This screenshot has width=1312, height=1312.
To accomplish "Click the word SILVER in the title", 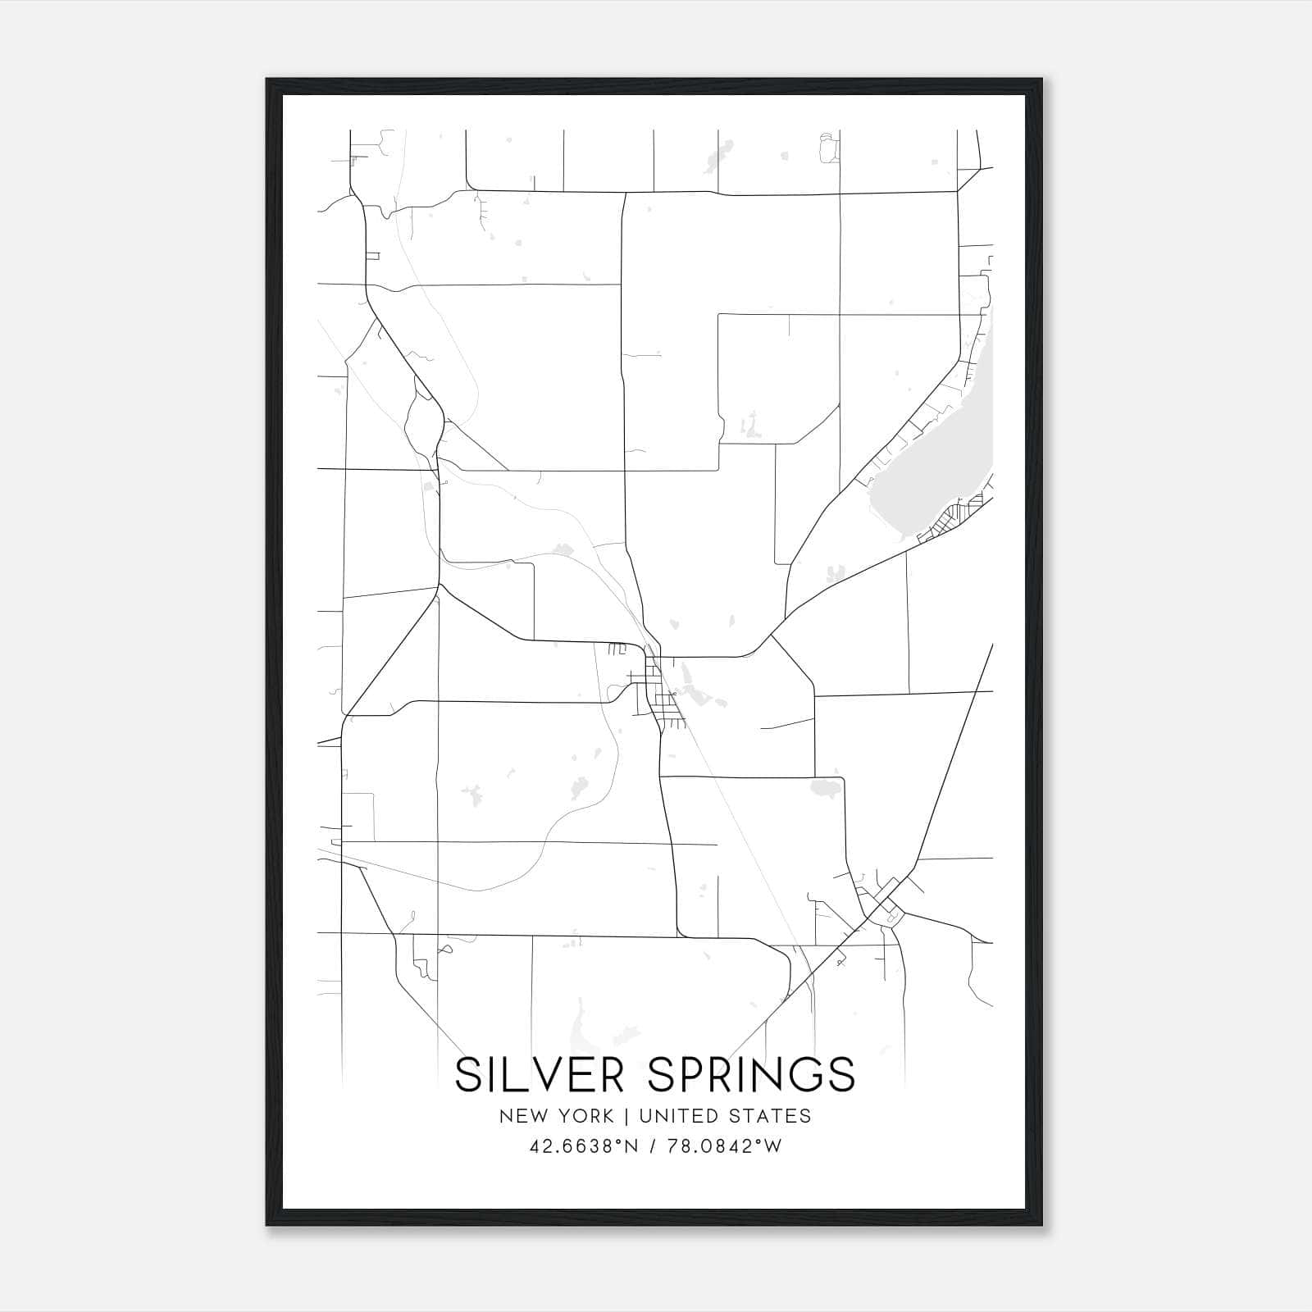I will [x=543, y=1074].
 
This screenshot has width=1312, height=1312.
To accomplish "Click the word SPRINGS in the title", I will [x=751, y=1074].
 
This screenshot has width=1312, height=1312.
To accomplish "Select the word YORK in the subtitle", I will [x=586, y=1116].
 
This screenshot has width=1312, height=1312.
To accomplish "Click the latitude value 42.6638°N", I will [x=584, y=1146].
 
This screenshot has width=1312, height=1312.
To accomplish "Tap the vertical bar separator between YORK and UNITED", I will [x=626, y=1116].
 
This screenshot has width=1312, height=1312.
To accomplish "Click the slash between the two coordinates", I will [x=653, y=1146].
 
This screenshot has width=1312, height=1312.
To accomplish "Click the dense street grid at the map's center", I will [x=660, y=693].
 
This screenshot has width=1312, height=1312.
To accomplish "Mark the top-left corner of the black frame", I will [x=267, y=80].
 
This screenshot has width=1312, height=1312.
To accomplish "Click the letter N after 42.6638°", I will [x=631, y=1146].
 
